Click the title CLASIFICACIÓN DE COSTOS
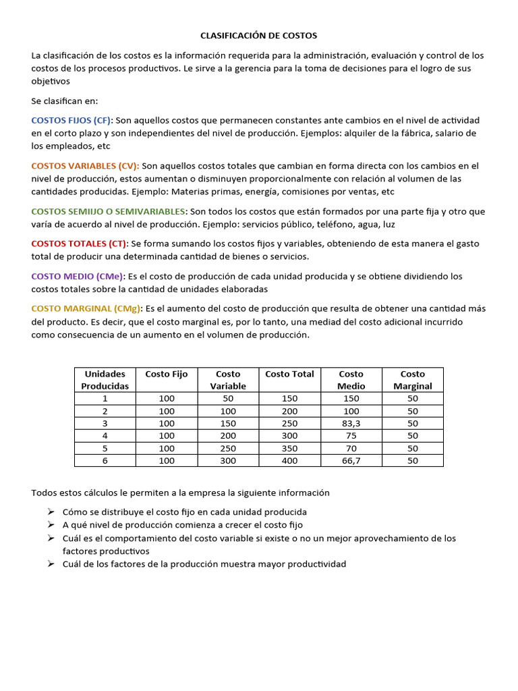258,35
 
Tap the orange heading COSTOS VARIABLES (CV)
85,165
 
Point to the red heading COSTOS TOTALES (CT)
79,244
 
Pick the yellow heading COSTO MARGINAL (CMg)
84,308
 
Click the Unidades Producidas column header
105,380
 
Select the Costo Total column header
289,374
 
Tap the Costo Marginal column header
412,380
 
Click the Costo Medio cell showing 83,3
351,423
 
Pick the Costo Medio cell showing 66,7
351,460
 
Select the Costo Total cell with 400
289,460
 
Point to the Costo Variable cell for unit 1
228,398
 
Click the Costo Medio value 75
351,435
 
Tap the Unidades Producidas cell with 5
105,448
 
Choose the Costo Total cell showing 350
289,448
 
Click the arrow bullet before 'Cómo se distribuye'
51,512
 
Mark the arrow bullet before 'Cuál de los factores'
51,563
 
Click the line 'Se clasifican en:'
65,101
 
